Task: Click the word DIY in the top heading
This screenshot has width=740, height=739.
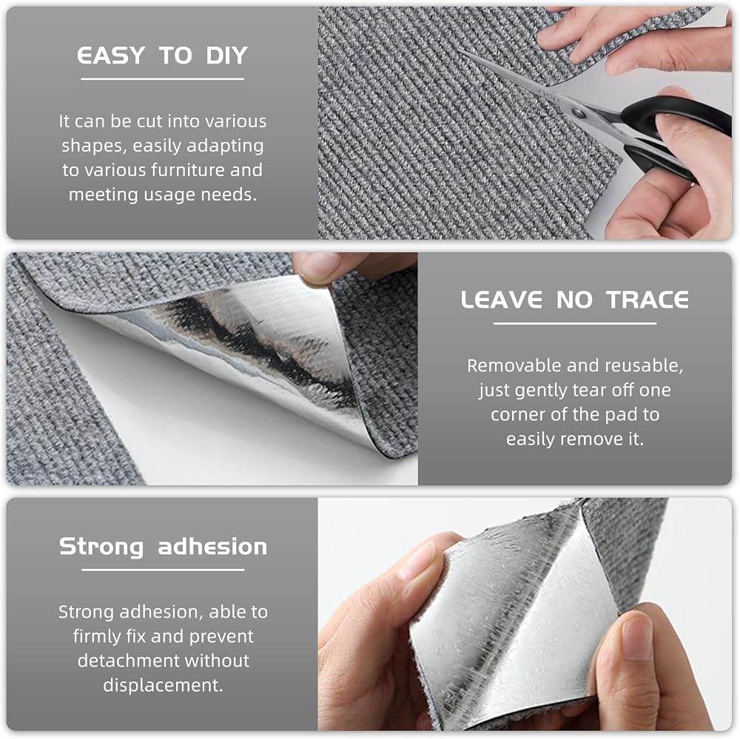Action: tap(226, 55)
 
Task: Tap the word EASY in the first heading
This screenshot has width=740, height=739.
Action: tap(111, 55)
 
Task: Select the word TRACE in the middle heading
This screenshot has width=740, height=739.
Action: tap(647, 300)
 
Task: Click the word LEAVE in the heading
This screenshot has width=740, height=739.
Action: tap(501, 300)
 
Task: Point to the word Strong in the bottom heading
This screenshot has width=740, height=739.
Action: tap(101, 547)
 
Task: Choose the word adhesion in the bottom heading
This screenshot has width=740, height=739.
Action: tap(212, 547)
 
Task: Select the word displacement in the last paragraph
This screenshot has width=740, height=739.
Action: tap(163, 686)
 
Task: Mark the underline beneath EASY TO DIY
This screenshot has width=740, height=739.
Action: tap(163, 79)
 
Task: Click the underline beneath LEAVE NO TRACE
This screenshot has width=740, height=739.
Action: tap(575, 323)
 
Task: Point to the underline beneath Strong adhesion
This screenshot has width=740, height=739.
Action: tap(163, 570)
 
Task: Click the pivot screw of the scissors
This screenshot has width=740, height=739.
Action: tap(578, 112)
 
